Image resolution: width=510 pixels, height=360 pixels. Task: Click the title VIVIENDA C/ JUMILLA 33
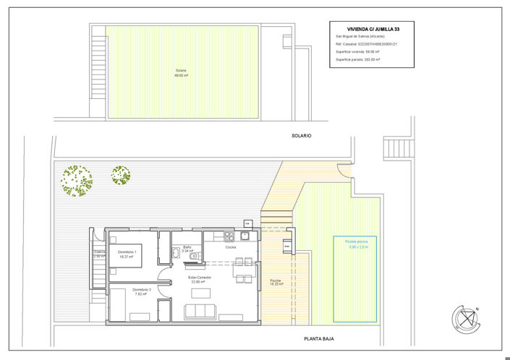tap(373, 29)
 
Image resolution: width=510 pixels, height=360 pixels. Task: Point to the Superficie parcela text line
tap(358, 60)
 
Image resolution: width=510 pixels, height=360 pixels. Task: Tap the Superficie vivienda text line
tap(357, 52)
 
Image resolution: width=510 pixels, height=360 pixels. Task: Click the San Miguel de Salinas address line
tap(360, 37)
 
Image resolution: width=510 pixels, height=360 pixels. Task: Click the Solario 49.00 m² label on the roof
tap(181, 73)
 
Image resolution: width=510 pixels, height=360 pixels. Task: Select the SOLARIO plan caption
tap(301, 135)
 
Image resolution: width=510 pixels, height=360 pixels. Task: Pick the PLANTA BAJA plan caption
tap(318, 338)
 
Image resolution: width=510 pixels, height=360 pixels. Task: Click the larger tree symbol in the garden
tap(76, 180)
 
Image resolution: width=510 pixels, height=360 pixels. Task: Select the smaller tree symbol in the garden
tap(120, 175)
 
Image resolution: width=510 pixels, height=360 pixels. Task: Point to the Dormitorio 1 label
tap(127, 254)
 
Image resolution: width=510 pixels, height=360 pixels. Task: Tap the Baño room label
tap(187, 249)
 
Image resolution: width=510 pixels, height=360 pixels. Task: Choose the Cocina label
tap(231, 247)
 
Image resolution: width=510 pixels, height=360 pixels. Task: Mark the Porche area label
tap(276, 282)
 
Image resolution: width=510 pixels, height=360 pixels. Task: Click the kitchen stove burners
tap(229, 236)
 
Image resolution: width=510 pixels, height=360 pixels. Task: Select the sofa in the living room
tap(200, 312)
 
